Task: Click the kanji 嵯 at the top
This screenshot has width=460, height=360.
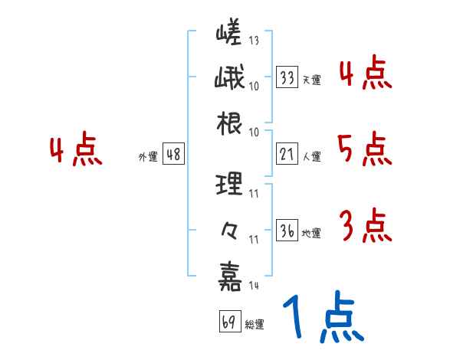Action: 229,36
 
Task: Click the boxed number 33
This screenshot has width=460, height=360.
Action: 287,77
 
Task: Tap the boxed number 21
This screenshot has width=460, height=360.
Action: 287,155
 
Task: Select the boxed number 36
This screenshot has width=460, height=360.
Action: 287,231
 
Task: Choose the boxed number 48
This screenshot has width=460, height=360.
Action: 173,155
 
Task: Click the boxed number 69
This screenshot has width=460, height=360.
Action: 228,322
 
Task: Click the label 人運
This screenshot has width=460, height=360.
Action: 311,157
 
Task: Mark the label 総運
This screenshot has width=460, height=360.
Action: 254,325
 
